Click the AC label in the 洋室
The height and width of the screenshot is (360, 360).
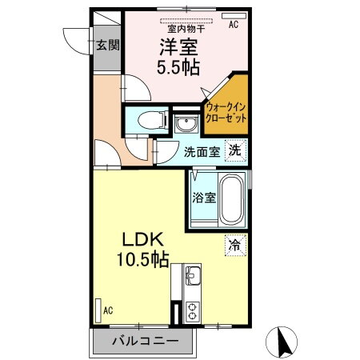click(234, 25)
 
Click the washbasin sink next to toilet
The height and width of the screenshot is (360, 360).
click(186, 125)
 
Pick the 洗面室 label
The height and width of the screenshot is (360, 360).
click(202, 150)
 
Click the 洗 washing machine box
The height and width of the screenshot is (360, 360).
click(234, 149)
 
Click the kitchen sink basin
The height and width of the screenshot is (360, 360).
click(193, 278)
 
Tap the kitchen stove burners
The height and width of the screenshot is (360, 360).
click(194, 311)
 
